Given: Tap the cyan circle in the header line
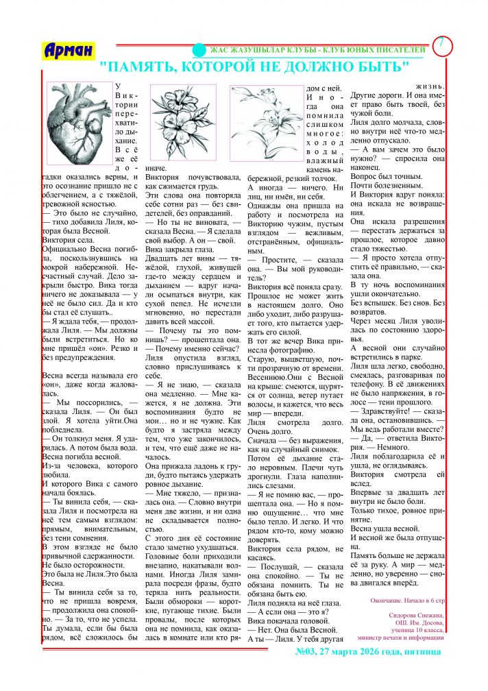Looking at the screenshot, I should click(198, 50).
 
